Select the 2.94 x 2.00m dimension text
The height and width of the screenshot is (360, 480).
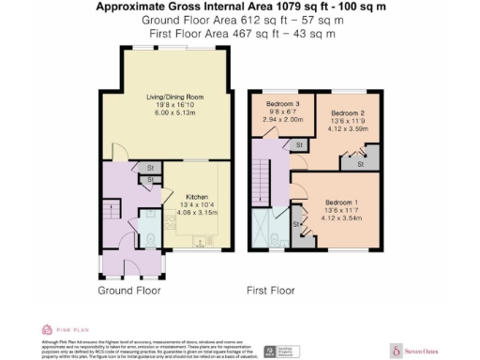282,120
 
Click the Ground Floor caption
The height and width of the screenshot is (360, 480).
129,291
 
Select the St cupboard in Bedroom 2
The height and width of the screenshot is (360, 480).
358,164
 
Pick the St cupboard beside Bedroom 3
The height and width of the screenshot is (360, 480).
298,145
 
